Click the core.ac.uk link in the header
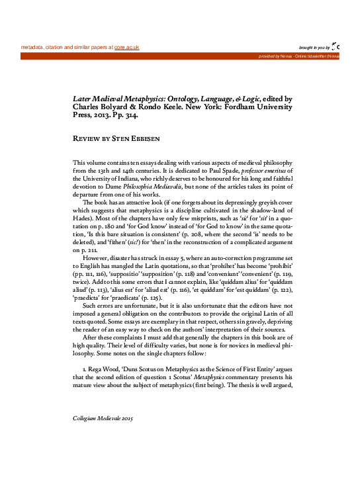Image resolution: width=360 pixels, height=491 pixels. click(x=127, y=48)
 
